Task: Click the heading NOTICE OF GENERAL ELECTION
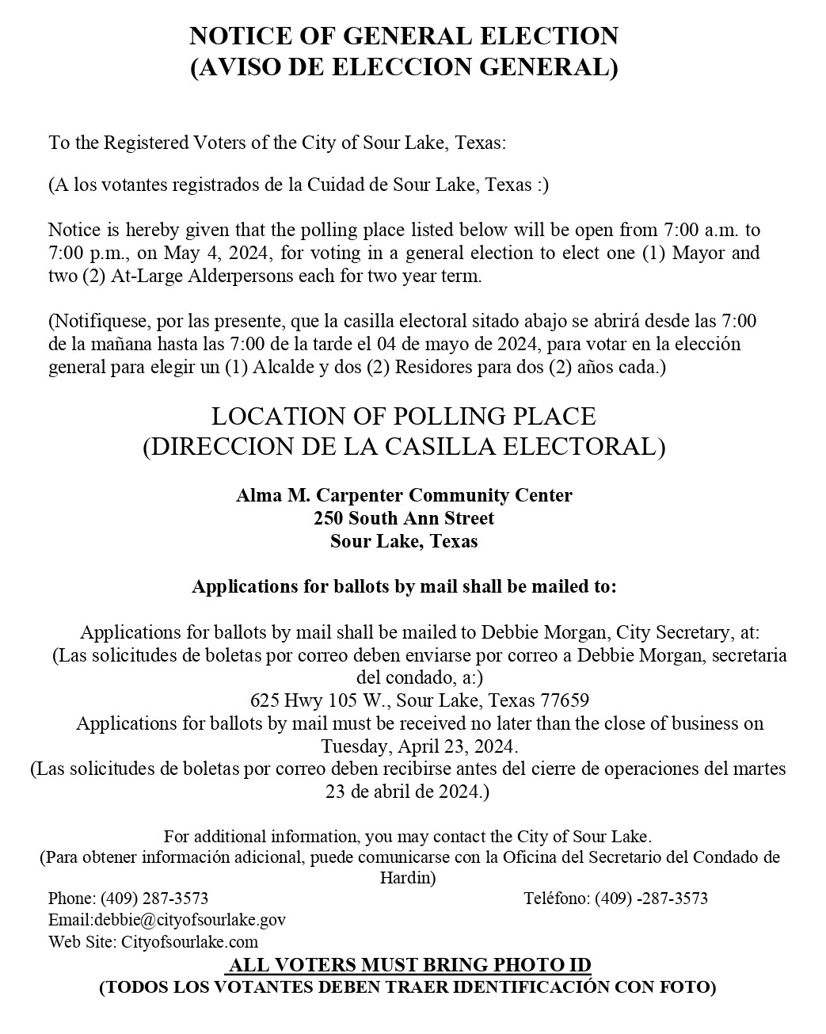[404, 36]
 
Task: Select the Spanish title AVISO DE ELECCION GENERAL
[404, 67]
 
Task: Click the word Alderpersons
[244, 277]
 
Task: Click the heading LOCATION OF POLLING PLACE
[404, 416]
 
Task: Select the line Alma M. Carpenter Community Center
[404, 496]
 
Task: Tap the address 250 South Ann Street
[404, 519]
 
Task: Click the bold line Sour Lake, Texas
[404, 542]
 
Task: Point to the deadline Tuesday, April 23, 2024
[420, 746]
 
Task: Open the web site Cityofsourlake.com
[190, 942]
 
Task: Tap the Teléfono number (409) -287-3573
[650, 899]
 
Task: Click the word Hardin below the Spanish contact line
[407, 878]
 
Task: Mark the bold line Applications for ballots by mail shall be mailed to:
[404, 587]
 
